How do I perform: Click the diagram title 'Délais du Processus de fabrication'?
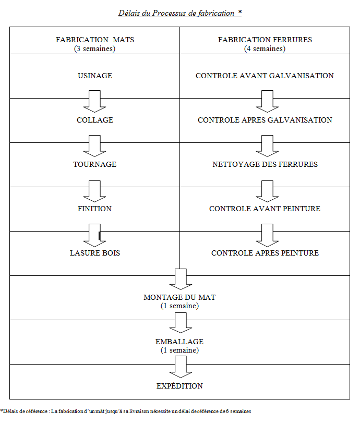(x=176, y=13)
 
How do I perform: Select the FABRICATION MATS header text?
(x=94, y=40)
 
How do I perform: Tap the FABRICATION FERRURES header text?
(x=265, y=40)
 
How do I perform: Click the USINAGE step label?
(x=95, y=76)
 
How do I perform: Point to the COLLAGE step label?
(x=95, y=120)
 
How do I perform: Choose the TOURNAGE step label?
(x=94, y=164)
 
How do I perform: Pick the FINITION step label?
(x=94, y=209)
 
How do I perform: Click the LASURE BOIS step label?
(x=95, y=253)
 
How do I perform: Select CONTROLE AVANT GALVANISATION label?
(x=265, y=76)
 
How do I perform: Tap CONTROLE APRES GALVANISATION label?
(x=265, y=120)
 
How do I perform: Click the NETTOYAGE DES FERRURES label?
(x=265, y=164)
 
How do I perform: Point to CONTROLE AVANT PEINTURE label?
(x=265, y=209)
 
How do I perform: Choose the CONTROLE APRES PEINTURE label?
(x=265, y=253)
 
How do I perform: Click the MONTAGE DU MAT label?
(x=179, y=297)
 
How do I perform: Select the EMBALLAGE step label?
(x=179, y=342)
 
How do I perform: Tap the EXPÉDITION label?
(x=179, y=386)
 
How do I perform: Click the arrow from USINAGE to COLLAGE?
(x=94, y=101)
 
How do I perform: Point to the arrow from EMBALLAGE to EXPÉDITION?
(x=181, y=367)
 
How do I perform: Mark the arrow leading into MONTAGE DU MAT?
(x=181, y=280)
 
